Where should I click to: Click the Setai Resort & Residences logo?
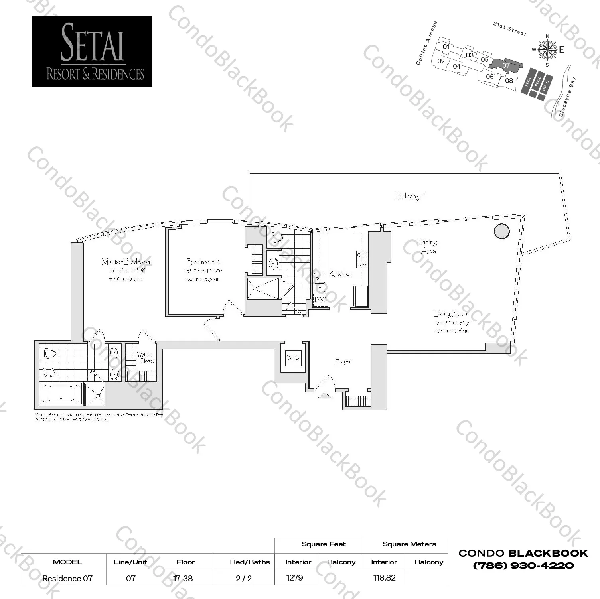[92, 51]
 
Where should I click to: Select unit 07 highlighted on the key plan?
[506, 65]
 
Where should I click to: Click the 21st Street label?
[509, 29]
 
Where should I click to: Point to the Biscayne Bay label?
[567, 97]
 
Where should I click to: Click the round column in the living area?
[501, 231]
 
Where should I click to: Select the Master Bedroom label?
[126, 262]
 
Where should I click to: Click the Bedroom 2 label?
[203, 262]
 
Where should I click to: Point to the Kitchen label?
[341, 274]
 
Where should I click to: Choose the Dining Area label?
[428, 246]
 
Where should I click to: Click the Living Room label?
[450, 314]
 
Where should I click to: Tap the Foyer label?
[343, 361]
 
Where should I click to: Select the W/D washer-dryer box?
[293, 357]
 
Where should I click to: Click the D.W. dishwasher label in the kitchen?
[320, 299]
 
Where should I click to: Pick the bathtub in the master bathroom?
[61, 394]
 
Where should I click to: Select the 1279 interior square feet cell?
[295, 577]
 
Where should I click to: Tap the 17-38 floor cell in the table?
[183, 578]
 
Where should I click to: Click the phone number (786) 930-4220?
[523, 566]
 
